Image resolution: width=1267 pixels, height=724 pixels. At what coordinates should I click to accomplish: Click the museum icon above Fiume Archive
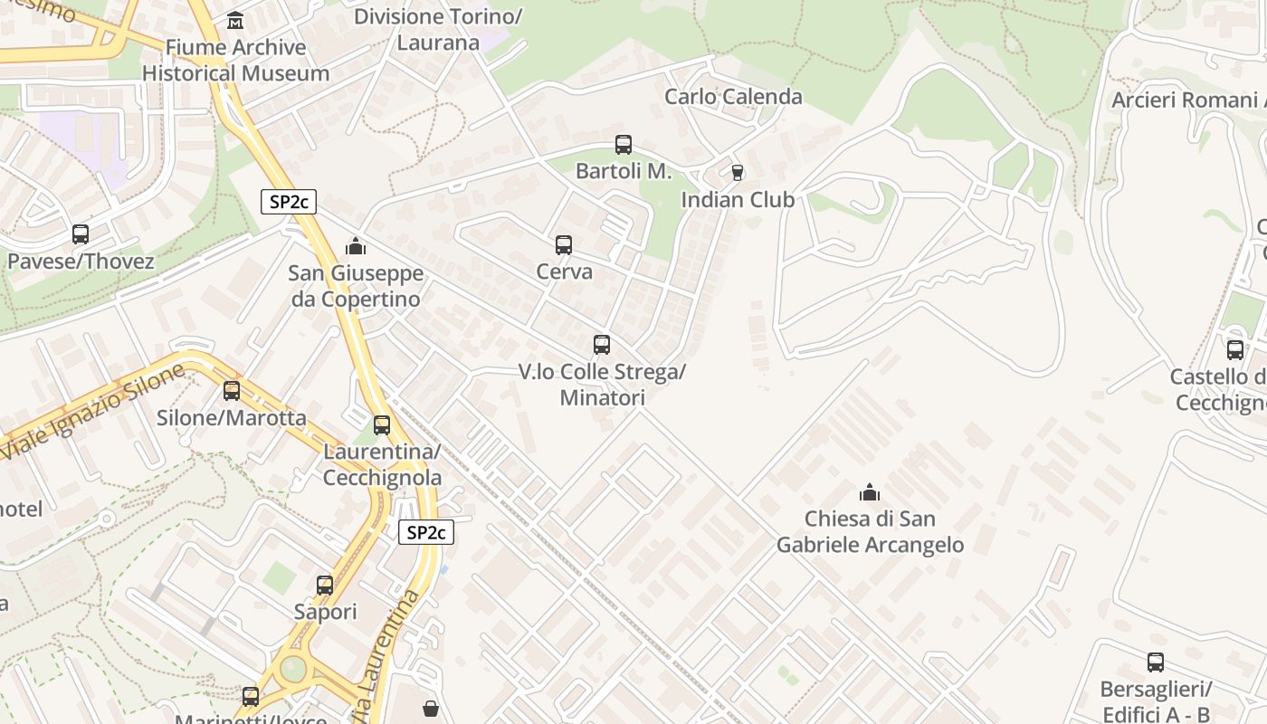pyautogui.click(x=235, y=20)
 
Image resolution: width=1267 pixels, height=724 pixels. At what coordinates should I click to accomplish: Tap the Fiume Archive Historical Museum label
pyautogui.click(x=235, y=61)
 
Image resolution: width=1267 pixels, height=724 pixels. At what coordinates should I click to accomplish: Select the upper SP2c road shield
pyautogui.click(x=289, y=202)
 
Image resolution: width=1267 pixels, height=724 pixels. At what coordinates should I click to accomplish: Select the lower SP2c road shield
pyautogui.click(x=425, y=533)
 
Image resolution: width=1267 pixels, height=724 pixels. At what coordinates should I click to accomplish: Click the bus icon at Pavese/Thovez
pyautogui.click(x=81, y=234)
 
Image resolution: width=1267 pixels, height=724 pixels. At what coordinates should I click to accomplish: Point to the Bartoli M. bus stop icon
pyautogui.click(x=624, y=145)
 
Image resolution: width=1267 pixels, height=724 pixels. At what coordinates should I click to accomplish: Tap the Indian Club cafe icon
pyautogui.click(x=738, y=173)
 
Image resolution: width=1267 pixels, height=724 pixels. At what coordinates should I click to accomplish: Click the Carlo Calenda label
pyautogui.click(x=733, y=97)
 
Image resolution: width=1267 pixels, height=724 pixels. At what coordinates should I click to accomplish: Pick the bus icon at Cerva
pyautogui.click(x=564, y=245)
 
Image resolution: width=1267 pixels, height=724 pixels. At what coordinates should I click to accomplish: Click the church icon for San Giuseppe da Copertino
pyautogui.click(x=356, y=246)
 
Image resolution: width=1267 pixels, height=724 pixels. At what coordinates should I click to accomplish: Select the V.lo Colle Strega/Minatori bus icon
pyautogui.click(x=602, y=345)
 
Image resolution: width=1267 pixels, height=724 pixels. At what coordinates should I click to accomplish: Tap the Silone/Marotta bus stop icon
pyautogui.click(x=232, y=391)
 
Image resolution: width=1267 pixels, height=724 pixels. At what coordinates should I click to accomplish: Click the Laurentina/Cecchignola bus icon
pyautogui.click(x=382, y=425)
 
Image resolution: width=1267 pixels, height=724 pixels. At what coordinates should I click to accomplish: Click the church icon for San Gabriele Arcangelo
pyautogui.click(x=870, y=493)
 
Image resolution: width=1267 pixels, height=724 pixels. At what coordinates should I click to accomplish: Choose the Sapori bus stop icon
pyautogui.click(x=325, y=586)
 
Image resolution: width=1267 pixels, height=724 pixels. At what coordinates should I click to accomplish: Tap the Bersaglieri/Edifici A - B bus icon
pyautogui.click(x=1156, y=662)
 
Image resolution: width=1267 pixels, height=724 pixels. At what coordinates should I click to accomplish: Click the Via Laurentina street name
pyautogui.click(x=389, y=656)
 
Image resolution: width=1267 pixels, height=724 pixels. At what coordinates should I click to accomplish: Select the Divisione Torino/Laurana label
pyautogui.click(x=438, y=29)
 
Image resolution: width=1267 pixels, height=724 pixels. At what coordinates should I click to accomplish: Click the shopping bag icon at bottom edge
pyautogui.click(x=431, y=709)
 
